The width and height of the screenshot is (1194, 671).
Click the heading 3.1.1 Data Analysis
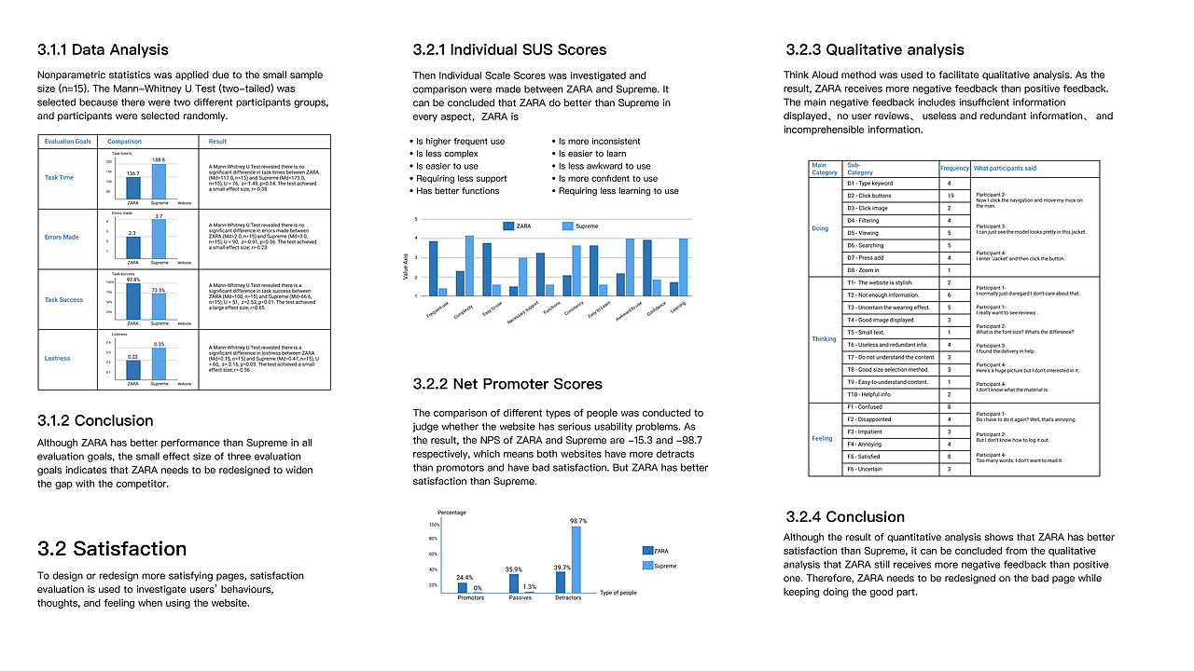pos(103,49)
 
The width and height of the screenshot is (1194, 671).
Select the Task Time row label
pos(59,177)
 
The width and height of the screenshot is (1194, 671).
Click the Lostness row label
pos(59,358)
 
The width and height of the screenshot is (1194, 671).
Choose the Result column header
pos(217,142)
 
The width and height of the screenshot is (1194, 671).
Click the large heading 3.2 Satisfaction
pos(112,548)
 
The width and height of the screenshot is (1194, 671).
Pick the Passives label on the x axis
pos(521,597)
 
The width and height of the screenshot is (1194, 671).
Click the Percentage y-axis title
pos(451,513)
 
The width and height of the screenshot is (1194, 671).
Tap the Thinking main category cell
pos(825,338)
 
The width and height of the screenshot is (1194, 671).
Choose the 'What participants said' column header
pos(1005,169)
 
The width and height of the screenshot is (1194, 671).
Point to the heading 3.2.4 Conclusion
pos(844,516)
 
